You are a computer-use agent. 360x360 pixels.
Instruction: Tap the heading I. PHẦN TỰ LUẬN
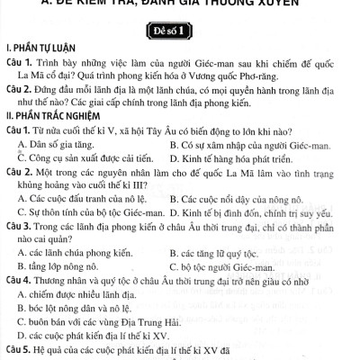click(x=40, y=44)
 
